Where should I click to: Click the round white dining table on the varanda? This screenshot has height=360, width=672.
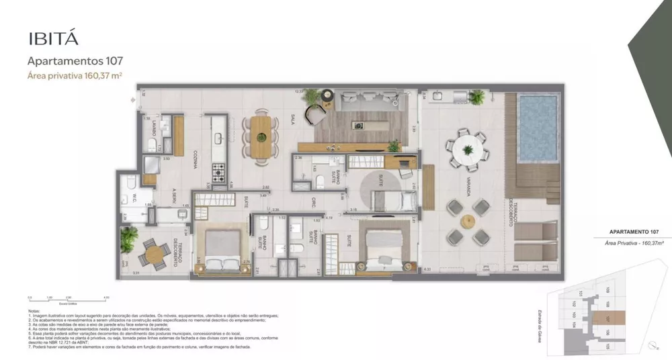click(x=466, y=148)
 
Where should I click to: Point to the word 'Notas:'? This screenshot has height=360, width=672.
click(x=34, y=311)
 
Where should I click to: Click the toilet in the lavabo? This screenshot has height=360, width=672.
click(x=152, y=145)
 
